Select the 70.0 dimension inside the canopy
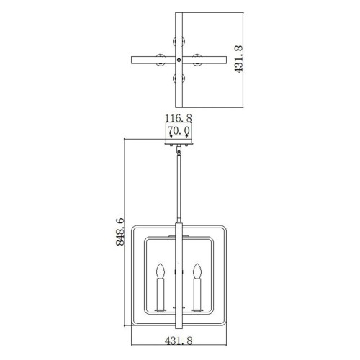(x=177, y=130)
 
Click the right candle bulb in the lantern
(x=196, y=271)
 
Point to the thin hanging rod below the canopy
(x=178, y=187)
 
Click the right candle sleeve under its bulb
(x=196, y=297)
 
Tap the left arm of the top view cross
(x=144, y=58)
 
